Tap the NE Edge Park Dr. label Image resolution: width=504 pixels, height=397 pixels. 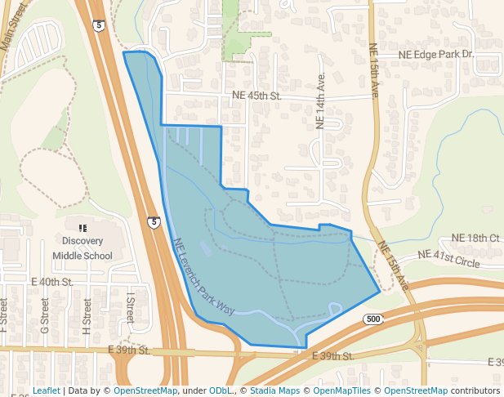coord(435,54)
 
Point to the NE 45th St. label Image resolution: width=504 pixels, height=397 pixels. coord(256,96)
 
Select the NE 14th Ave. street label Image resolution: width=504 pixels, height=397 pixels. coord(320,104)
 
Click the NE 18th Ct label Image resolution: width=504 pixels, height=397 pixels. coord(475,238)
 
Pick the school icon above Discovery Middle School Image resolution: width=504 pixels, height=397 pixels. coord(82,227)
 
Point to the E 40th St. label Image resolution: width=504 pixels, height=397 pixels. coord(52,282)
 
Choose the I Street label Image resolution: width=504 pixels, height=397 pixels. coord(130,307)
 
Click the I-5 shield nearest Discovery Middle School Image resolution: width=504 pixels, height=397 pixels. coord(154,221)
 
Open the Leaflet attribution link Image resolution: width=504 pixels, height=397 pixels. coord(46,390)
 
